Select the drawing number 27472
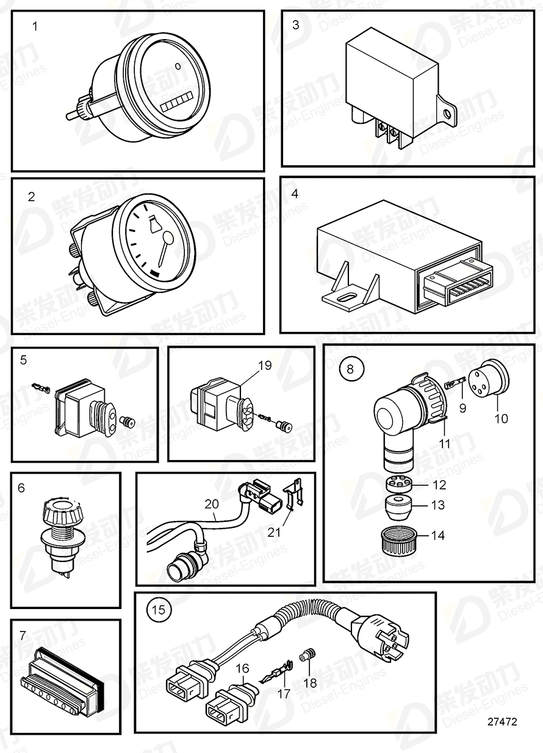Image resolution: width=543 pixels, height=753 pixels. tap(502, 721)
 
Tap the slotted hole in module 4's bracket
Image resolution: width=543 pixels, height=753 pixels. tap(345, 298)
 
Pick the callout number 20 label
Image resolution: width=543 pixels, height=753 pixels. tap(211, 505)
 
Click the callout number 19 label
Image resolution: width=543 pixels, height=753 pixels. tap(265, 366)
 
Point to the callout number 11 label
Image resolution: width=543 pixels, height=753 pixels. tap(445, 444)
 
